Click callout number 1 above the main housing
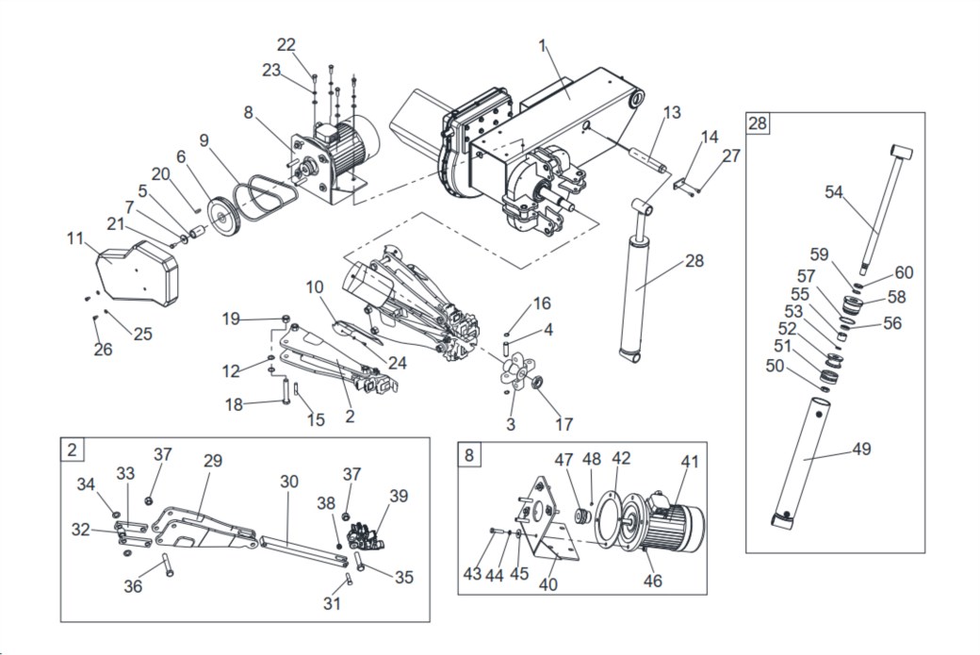pyautogui.click(x=543, y=46)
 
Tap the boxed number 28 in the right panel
pyautogui.click(x=757, y=123)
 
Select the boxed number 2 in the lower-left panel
pyautogui.click(x=73, y=450)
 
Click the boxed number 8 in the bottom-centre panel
pyautogui.click(x=469, y=454)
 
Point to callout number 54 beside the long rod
pyautogui.click(x=834, y=192)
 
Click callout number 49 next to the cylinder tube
pyautogui.click(x=862, y=449)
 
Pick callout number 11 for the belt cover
pyautogui.click(x=75, y=238)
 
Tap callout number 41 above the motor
pyautogui.click(x=690, y=462)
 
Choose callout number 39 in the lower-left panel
pyautogui.click(x=399, y=496)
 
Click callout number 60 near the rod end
pyautogui.click(x=904, y=272)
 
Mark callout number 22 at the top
pyautogui.click(x=286, y=44)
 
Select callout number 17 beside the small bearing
pyautogui.click(x=563, y=424)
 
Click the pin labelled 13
pyautogui.click(x=646, y=159)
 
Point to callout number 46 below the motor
pyautogui.click(x=652, y=581)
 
